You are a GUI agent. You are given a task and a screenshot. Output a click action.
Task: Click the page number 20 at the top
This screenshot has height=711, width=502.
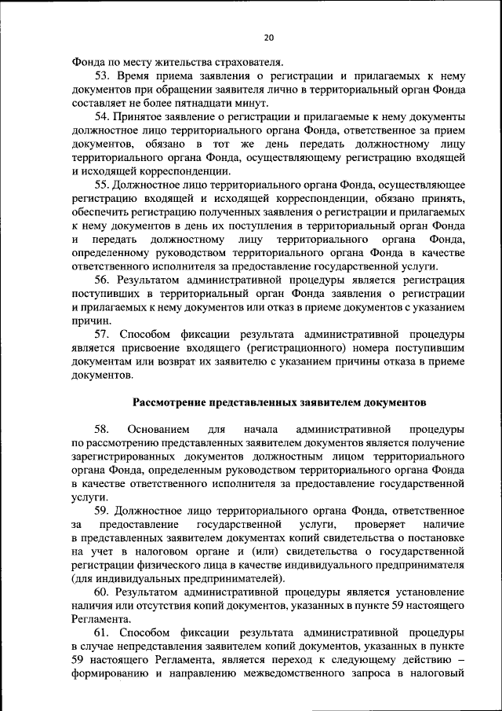269,37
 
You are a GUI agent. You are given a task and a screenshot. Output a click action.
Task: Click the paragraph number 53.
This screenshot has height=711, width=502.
104,76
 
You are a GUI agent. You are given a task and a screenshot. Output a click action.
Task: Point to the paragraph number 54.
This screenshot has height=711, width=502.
104,116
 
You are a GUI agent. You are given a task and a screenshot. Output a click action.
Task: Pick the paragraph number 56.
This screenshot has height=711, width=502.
104,280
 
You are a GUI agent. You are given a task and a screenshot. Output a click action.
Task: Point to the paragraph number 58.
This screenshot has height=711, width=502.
104,429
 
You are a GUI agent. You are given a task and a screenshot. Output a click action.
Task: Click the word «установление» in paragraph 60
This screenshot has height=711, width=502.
429,592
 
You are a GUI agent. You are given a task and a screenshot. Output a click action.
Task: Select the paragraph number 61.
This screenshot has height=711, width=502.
104,632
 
